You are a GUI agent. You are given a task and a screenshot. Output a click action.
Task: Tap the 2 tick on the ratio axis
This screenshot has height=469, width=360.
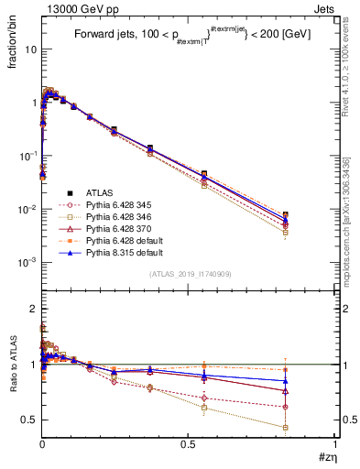tap(33, 308)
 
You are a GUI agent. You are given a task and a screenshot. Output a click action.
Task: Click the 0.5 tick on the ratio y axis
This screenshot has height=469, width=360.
tap(29, 420)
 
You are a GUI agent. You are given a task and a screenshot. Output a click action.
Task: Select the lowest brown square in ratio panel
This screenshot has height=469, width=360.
tap(286, 427)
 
